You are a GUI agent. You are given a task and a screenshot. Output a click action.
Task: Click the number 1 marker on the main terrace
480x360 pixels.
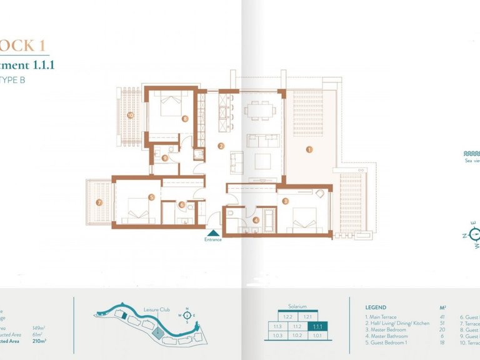click(x=309, y=150)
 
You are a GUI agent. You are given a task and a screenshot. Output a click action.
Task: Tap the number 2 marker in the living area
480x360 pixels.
click(x=221, y=147)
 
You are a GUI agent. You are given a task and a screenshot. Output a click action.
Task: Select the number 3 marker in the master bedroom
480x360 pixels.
click(x=285, y=201)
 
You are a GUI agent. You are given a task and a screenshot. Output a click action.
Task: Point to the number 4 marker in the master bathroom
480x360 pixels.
click(x=256, y=219)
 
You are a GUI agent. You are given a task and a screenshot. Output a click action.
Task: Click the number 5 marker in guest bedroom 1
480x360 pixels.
click(x=151, y=197)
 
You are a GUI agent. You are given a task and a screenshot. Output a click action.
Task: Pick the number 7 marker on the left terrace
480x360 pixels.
click(x=99, y=202)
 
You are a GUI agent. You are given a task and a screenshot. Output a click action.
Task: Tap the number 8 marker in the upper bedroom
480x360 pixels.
click(x=185, y=118)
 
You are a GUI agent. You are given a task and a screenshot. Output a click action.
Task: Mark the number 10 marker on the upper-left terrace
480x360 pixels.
click(x=131, y=115)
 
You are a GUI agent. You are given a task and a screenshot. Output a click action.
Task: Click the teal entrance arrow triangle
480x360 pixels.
click(x=214, y=232)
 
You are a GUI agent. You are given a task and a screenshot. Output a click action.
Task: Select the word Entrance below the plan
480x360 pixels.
click(x=213, y=239)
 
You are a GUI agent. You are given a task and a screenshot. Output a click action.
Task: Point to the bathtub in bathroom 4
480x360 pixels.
click(x=269, y=218)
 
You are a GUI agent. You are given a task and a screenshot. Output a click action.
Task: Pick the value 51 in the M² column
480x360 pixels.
click(x=443, y=323)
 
